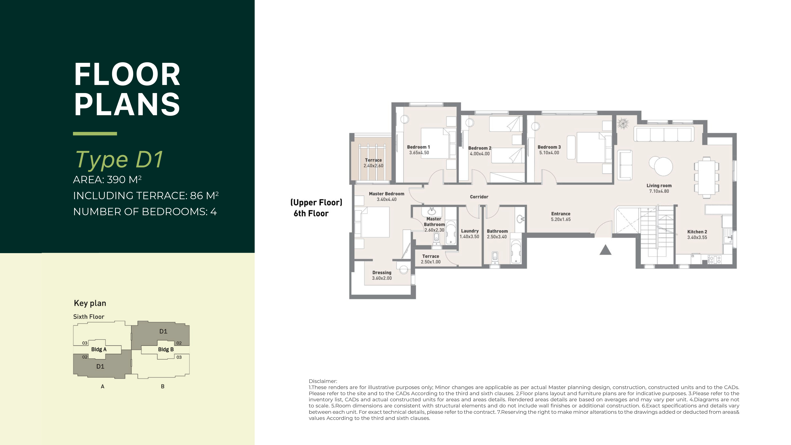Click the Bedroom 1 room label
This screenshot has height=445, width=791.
pyautogui.click(x=418, y=147)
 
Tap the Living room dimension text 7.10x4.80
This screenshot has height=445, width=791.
pyautogui.click(x=659, y=191)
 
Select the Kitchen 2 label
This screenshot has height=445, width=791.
pyautogui.click(x=697, y=232)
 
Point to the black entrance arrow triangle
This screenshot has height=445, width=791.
pyautogui.click(x=605, y=250)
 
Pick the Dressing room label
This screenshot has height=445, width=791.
pyautogui.click(x=382, y=272)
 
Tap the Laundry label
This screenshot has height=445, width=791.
pyautogui.click(x=469, y=231)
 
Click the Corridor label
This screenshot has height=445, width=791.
pyautogui.click(x=479, y=197)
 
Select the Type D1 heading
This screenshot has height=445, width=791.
pyautogui.click(x=119, y=160)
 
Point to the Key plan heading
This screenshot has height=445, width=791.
pyautogui.click(x=90, y=303)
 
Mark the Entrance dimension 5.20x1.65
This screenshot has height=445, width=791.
pyautogui.click(x=561, y=219)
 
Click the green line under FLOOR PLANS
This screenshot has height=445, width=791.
pyautogui.click(x=95, y=134)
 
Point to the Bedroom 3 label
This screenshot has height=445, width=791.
pyautogui.click(x=549, y=147)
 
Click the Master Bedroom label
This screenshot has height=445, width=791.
pyautogui.click(x=387, y=194)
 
